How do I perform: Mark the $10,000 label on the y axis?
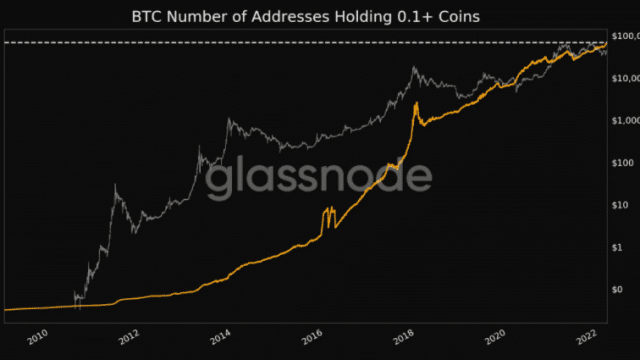(624, 78)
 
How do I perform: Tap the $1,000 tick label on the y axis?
(624, 120)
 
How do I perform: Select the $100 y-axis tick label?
(621, 162)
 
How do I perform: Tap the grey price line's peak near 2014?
(230, 120)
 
